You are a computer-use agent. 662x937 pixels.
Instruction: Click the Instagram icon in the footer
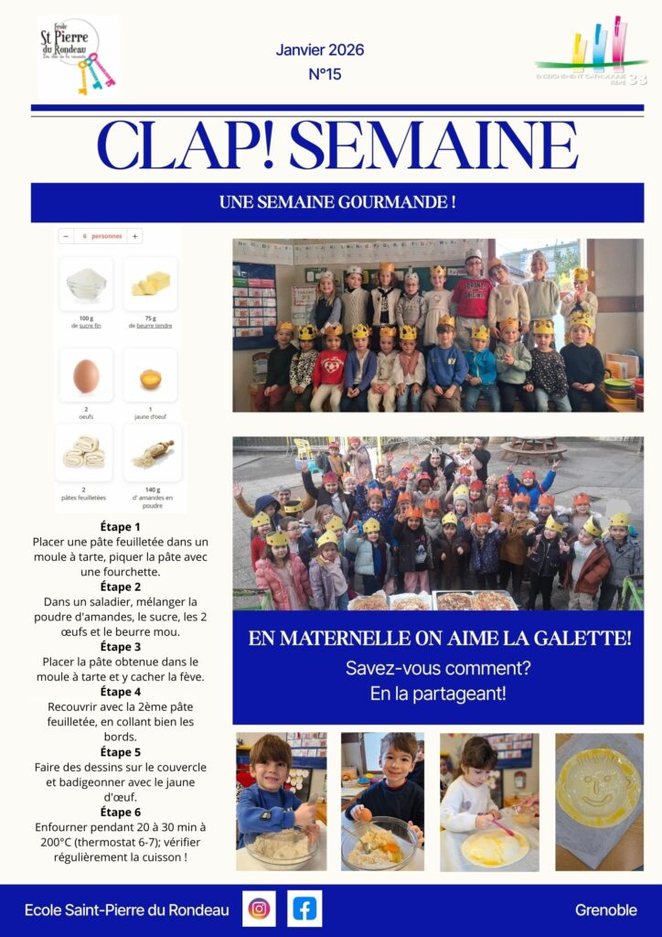pyautogui.click(x=260, y=909)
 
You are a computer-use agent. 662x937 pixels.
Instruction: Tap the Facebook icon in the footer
pyautogui.click(x=304, y=909)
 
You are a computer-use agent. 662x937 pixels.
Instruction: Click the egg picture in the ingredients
pyautogui.click(x=86, y=375)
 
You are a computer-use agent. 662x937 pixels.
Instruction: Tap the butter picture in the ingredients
pyautogui.click(x=151, y=284)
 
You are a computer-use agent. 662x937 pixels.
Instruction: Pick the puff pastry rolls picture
pyautogui.click(x=83, y=452)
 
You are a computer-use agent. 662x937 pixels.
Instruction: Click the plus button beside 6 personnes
pyautogui.click(x=134, y=236)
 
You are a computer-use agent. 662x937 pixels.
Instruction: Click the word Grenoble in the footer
pyautogui.click(x=605, y=910)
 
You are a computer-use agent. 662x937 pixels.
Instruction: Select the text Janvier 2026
pyautogui.click(x=320, y=49)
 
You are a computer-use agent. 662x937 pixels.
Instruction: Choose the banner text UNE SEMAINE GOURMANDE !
pyautogui.click(x=337, y=202)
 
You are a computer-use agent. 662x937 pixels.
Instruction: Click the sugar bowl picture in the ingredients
pyautogui.click(x=86, y=284)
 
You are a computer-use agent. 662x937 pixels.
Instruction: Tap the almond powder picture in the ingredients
pyautogui.click(x=152, y=452)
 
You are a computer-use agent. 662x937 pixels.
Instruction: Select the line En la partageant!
pyautogui.click(x=438, y=694)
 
